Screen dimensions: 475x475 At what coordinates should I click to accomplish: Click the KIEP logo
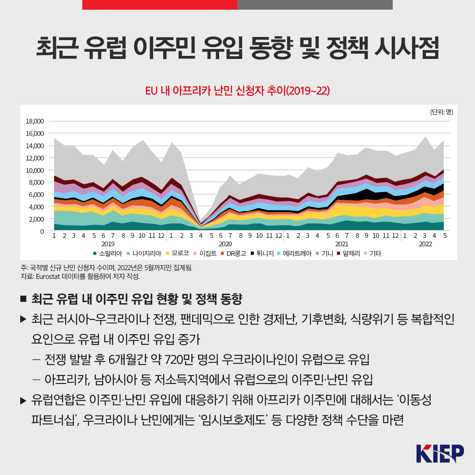click(x=440, y=453)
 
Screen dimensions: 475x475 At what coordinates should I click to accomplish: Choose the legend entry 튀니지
click(x=263, y=253)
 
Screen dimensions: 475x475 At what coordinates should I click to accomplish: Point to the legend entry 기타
click(x=375, y=253)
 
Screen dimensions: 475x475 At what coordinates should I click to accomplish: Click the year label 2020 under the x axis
click(x=225, y=244)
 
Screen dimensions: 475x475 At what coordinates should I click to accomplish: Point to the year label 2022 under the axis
click(x=425, y=244)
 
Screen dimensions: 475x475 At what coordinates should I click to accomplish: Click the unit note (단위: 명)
click(x=441, y=112)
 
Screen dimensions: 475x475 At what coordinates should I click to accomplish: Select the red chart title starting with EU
click(x=237, y=91)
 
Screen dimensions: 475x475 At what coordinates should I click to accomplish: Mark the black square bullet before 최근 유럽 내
click(x=24, y=299)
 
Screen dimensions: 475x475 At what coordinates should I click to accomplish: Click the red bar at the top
click(x=160, y=5)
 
